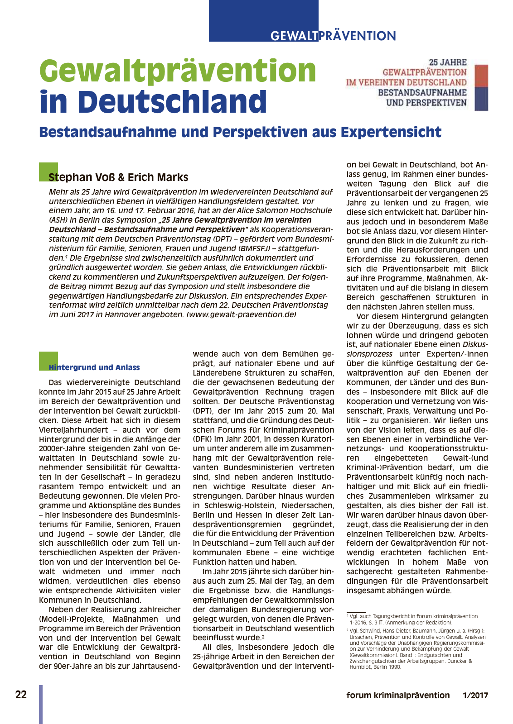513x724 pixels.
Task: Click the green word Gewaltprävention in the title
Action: click(178, 71)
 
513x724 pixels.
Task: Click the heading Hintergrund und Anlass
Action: click(94, 367)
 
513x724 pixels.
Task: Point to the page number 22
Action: click(21, 695)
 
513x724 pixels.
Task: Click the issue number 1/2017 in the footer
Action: click(475, 695)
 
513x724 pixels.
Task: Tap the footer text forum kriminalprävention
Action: click(398, 695)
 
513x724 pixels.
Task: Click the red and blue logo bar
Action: click(481, 88)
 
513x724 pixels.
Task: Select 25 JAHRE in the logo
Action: click(448, 62)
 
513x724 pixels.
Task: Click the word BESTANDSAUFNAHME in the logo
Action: click(422, 93)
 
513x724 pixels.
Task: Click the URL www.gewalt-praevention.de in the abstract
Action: click(241, 314)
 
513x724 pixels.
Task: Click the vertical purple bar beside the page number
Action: click(41, 704)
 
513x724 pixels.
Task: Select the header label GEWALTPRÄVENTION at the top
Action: click(333, 36)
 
